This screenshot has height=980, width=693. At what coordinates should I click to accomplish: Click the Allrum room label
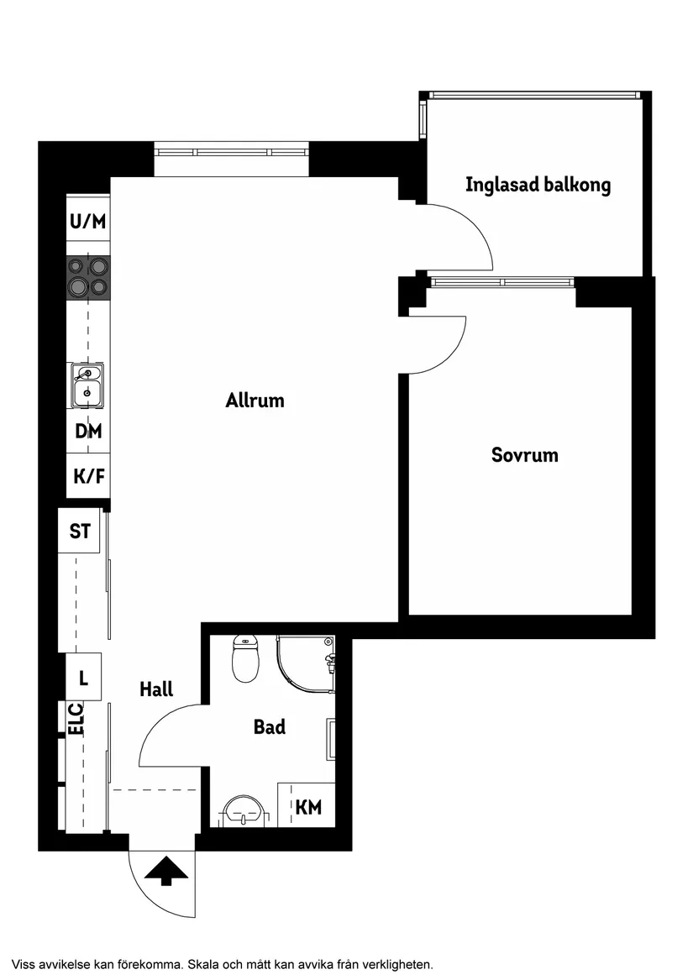[255, 401]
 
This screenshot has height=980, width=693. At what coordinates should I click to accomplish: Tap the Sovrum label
[524, 455]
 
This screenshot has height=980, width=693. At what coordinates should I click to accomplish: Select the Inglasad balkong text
[538, 185]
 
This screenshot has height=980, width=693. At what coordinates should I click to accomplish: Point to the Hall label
[156, 689]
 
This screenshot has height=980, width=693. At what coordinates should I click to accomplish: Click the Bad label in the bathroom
[270, 727]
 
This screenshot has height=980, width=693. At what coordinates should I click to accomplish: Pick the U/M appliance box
[88, 222]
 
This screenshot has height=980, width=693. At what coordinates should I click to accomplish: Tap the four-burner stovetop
[88, 276]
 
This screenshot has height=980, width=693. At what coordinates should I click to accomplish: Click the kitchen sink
[87, 385]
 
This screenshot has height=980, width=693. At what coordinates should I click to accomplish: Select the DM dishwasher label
[88, 432]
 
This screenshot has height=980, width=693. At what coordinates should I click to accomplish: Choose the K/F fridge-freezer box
[88, 477]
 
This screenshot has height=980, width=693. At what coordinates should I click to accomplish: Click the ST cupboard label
[80, 532]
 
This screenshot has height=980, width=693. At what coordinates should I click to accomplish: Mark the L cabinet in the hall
[83, 677]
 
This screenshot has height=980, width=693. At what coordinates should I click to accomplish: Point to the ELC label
[76, 719]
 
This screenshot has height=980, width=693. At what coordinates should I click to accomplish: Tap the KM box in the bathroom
[308, 807]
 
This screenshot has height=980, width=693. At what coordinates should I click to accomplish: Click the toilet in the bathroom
[245, 660]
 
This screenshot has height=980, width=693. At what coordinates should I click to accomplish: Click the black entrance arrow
[165, 870]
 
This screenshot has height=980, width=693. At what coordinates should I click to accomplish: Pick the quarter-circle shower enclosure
[304, 665]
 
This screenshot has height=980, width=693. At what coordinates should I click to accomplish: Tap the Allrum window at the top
[231, 154]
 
